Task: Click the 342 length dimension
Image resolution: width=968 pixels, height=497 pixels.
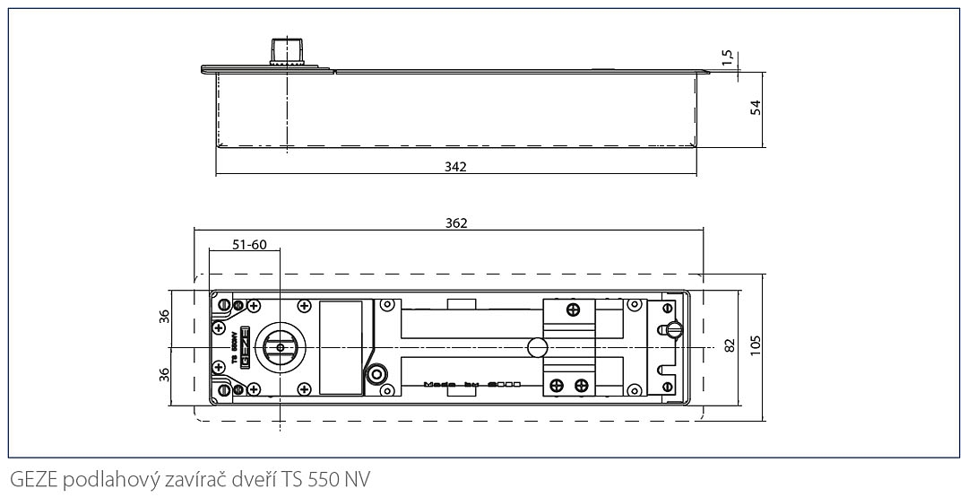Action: pos(455,167)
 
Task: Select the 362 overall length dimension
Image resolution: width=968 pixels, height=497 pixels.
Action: pos(456,222)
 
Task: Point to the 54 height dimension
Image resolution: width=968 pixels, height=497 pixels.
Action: pos(755,108)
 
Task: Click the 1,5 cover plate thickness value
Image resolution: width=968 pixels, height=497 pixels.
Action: pos(728,58)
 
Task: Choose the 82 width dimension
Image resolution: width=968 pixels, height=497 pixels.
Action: pos(730,346)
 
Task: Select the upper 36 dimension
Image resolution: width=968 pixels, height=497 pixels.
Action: pos(163,317)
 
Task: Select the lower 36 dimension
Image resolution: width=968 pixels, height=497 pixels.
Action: pos(163,373)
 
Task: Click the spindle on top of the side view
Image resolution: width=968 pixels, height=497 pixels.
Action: pos(286,52)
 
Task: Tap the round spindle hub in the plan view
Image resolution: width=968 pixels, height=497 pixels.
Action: pos(280,347)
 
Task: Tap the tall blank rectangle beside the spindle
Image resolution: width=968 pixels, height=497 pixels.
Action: pos(341,346)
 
